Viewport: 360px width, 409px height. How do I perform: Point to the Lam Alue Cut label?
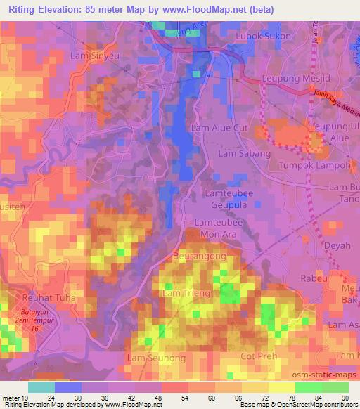pos(221,128)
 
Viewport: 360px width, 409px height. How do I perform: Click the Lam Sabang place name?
pos(245,152)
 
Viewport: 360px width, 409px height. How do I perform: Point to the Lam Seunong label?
pos(156,358)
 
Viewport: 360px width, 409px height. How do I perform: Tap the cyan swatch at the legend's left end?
pos(41,387)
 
